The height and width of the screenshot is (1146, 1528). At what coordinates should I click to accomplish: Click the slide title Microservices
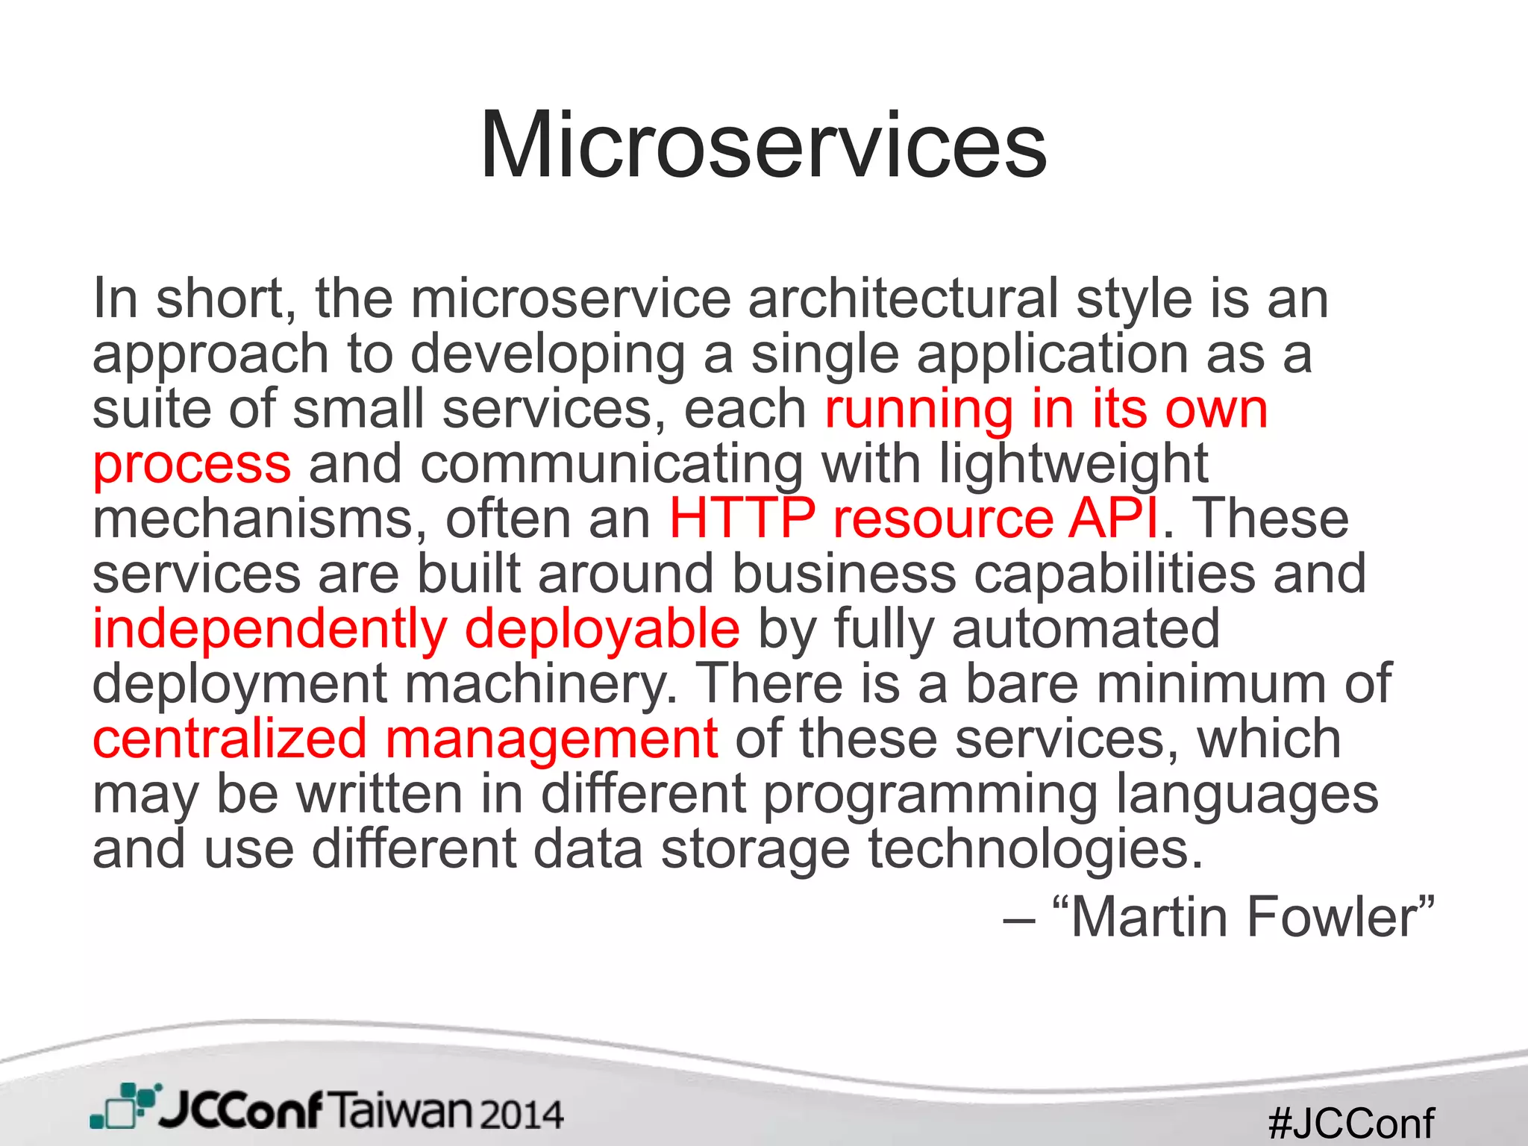point(763,145)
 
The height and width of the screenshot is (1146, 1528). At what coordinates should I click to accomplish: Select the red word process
point(192,464)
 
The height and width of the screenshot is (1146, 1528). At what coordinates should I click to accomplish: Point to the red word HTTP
point(742,519)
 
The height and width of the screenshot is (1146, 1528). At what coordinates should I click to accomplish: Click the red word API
point(1113,519)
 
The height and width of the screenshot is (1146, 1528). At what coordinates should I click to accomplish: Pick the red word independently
point(269,629)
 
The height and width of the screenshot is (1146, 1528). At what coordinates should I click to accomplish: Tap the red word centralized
point(230,739)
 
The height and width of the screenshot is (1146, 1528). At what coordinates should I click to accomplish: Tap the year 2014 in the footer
point(522,1115)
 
